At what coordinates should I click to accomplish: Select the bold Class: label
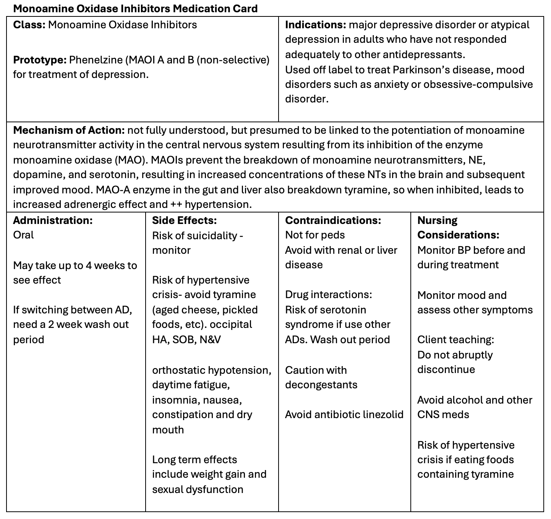click(x=29, y=25)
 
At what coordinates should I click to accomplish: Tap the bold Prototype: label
click(x=40, y=60)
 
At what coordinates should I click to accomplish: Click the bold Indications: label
click(x=316, y=25)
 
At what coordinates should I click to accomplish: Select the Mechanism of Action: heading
click(x=69, y=130)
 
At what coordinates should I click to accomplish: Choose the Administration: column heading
click(x=53, y=221)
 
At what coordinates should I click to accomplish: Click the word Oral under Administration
click(x=23, y=235)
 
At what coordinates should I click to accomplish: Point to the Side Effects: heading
click(x=184, y=221)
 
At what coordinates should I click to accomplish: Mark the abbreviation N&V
click(x=210, y=340)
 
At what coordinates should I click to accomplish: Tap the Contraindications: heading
click(x=333, y=221)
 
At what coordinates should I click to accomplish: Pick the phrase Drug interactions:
click(x=328, y=295)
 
